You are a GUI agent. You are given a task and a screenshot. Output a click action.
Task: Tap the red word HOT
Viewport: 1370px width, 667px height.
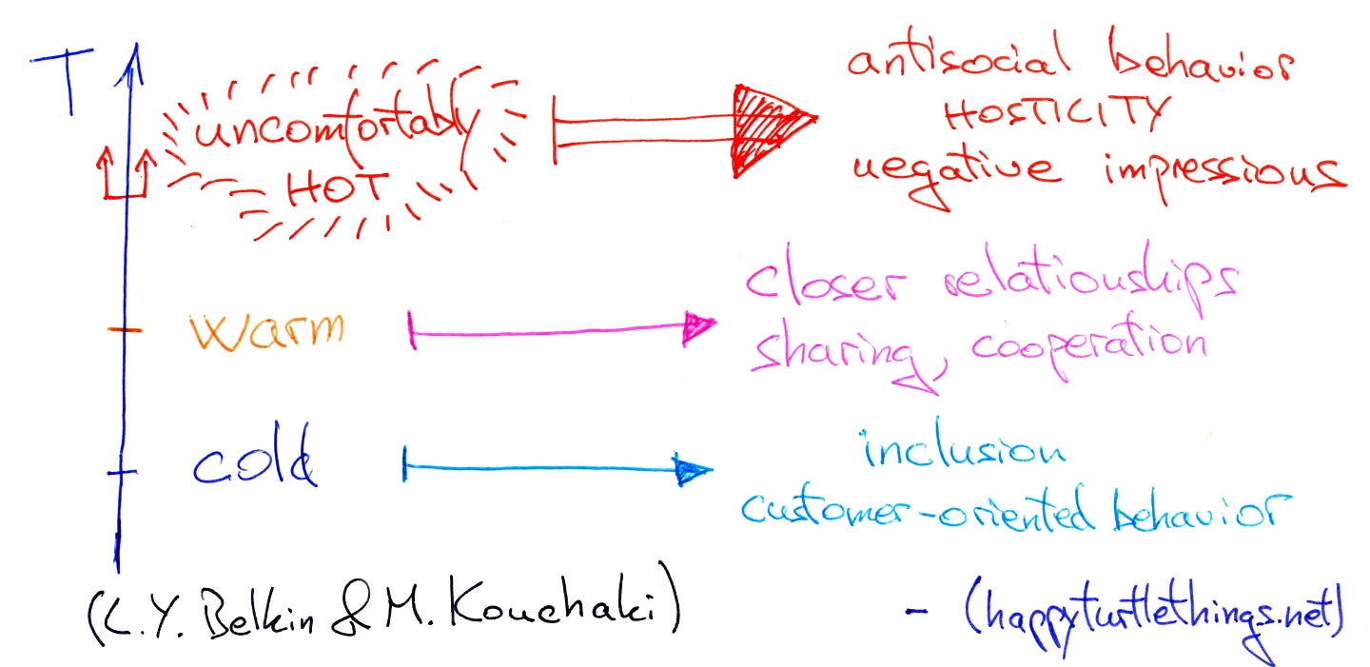tap(334, 187)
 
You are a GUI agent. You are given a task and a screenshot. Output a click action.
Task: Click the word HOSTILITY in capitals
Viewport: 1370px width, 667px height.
tap(1053, 114)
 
